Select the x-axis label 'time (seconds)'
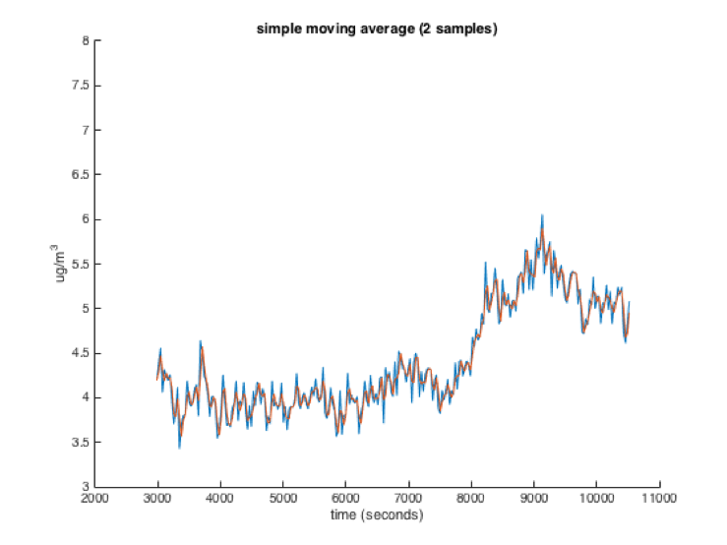click(377, 515)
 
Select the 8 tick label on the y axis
click(85, 41)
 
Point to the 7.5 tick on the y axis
click(81, 86)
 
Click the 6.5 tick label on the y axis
click(81, 175)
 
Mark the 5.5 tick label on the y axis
click(81, 264)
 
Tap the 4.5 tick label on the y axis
click(81, 353)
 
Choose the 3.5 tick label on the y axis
click(81, 442)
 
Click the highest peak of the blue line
click(542, 214)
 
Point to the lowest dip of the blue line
click(179, 448)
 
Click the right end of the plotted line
click(629, 303)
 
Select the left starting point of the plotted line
click(157, 379)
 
